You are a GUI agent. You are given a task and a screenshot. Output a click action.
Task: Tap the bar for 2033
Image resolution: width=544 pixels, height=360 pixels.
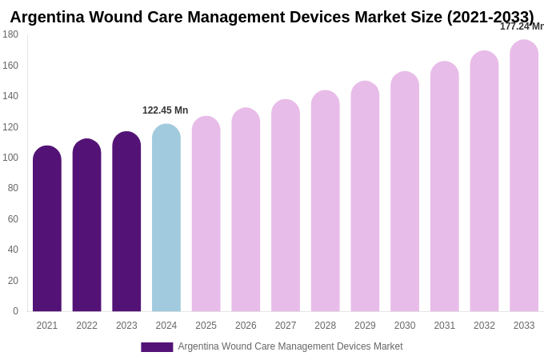[524, 176]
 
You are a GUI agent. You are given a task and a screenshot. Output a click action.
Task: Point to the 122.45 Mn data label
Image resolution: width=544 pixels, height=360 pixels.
[166, 110]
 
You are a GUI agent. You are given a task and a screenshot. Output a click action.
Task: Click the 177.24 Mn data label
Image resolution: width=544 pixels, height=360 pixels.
[522, 26]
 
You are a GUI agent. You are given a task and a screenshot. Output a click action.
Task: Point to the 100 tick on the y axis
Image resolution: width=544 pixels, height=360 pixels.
[10, 158]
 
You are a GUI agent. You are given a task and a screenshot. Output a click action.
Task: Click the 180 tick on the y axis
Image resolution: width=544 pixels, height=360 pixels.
[10, 34]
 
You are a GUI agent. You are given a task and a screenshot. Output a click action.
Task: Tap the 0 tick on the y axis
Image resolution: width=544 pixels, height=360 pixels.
[15, 311]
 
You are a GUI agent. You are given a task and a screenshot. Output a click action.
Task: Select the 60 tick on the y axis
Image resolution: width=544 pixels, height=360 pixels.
[13, 219]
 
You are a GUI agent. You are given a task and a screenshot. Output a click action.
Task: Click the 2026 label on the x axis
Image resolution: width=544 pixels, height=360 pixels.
[246, 326]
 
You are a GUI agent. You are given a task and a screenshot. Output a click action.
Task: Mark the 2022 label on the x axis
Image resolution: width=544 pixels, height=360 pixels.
[86, 326]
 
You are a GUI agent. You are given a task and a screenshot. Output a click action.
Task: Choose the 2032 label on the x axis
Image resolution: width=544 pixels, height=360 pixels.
[484, 326]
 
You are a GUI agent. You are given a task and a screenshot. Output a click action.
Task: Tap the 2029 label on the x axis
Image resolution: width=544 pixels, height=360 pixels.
[365, 326]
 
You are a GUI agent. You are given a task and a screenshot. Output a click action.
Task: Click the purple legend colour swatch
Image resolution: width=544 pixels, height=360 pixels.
[157, 347]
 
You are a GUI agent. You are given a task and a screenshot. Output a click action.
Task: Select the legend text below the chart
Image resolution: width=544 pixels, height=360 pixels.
[290, 346]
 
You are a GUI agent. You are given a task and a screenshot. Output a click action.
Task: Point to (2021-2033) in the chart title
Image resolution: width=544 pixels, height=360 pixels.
[490, 17]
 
